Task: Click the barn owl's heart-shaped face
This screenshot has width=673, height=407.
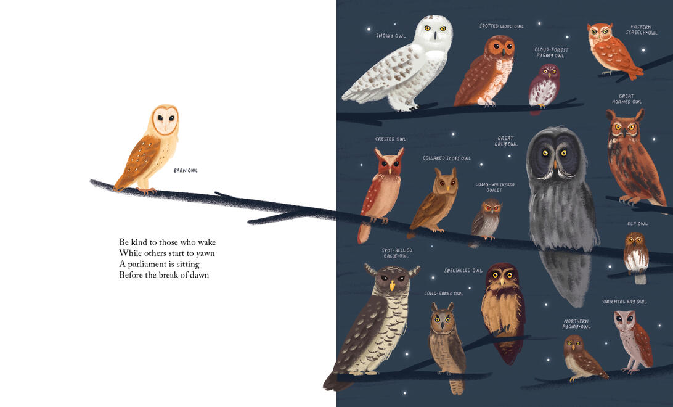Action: tap(165, 120)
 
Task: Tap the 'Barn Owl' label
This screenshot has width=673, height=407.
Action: tap(186, 170)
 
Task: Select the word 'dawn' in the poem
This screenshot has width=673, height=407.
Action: tap(200, 275)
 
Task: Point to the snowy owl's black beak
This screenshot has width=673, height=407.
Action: tap(434, 35)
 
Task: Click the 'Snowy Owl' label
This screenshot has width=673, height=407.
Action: tap(391, 36)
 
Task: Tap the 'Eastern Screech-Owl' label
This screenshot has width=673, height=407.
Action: tap(642, 30)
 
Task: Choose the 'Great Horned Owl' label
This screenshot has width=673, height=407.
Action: tap(627, 99)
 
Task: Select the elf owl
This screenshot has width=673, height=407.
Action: tap(636, 257)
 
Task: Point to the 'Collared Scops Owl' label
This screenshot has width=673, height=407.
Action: tap(446, 158)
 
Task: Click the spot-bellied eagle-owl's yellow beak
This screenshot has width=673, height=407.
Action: tap(392, 286)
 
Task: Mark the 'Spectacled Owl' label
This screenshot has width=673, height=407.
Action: tap(463, 271)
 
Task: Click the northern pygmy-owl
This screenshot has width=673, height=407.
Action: tap(582, 358)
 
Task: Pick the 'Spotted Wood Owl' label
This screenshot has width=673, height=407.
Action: tap(501, 26)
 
